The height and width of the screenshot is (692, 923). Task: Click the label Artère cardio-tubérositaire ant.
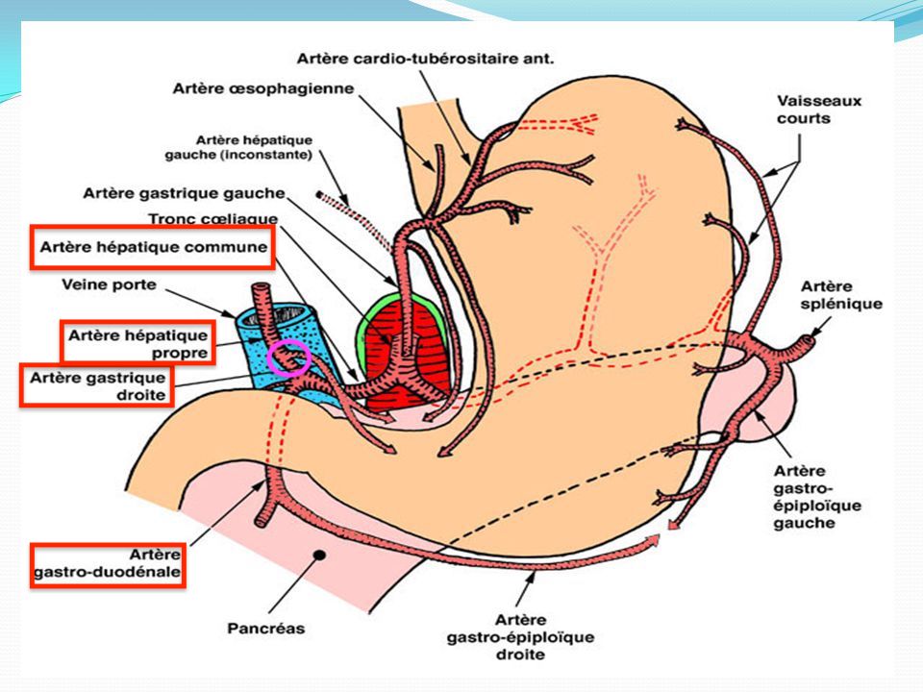tap(426, 58)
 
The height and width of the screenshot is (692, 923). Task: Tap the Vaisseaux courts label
tap(805, 109)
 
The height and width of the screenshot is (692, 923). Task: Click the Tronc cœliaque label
tap(212, 220)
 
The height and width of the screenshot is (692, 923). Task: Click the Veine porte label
tap(109, 284)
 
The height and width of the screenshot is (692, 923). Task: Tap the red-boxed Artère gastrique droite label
tap(97, 385)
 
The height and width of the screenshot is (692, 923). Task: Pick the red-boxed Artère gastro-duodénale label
tap(107, 564)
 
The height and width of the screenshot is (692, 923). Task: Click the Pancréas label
tap(266, 629)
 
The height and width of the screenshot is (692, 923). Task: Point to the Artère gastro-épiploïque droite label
tap(520, 636)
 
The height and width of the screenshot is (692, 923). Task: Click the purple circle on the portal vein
tap(288, 357)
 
